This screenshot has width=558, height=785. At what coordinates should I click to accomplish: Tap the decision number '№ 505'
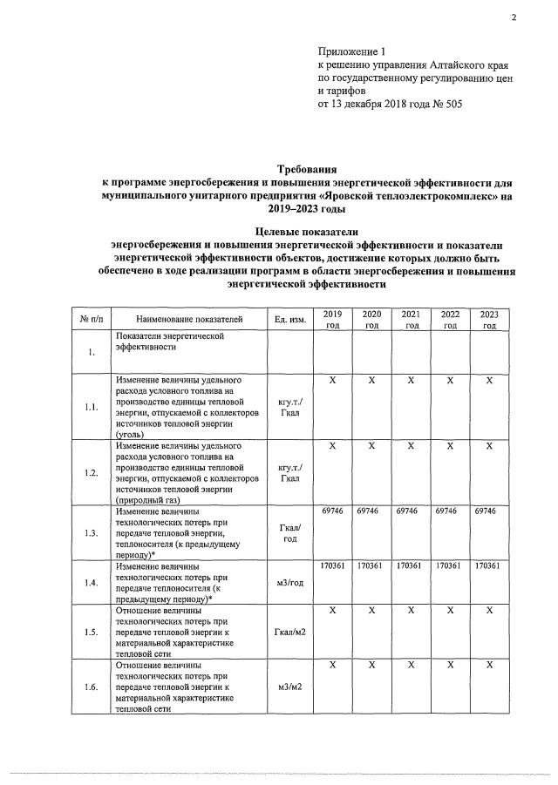pyautogui.click(x=444, y=104)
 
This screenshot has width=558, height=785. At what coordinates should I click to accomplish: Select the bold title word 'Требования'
pyautogui.click(x=306, y=168)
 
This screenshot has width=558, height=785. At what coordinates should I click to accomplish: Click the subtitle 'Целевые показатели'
pyautogui.click(x=306, y=231)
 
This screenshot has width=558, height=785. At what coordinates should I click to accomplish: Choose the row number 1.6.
pyautogui.click(x=91, y=687)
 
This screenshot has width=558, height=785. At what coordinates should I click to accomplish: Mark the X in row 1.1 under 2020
pyautogui.click(x=371, y=380)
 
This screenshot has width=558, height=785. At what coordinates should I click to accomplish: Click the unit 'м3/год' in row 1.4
pyautogui.click(x=289, y=583)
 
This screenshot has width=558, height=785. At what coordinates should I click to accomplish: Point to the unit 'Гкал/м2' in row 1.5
pyautogui.click(x=289, y=633)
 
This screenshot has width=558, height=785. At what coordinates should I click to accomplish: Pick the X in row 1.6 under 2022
pyautogui.click(x=450, y=665)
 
